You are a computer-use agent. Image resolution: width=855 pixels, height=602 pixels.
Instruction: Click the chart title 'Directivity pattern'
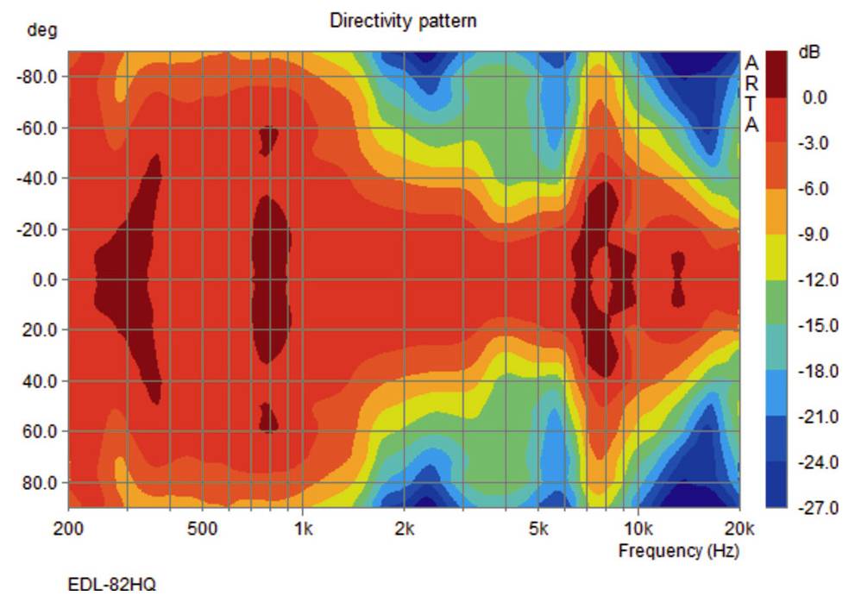(403, 20)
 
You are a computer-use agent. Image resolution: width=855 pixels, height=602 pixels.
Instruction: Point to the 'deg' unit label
(41, 31)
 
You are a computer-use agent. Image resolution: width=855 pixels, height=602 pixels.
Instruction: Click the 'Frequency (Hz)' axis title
(678, 550)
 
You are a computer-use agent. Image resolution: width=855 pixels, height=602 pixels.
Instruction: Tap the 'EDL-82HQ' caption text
(112, 585)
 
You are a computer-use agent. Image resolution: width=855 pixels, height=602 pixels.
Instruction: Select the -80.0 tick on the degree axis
(36, 77)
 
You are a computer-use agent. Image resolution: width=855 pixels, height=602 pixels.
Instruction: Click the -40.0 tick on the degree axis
(36, 179)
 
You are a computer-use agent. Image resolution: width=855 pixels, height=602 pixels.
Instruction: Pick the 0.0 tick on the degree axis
(41, 280)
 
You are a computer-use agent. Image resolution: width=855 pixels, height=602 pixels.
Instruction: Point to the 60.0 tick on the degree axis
(40, 431)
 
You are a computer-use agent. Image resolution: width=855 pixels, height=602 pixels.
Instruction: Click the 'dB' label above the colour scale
(809, 52)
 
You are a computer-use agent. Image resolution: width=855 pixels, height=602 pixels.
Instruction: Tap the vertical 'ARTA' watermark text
(751, 94)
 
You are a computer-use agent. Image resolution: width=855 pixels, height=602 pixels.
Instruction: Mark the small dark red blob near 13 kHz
(678, 279)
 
